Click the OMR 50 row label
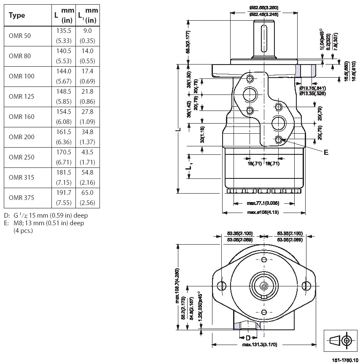coord(20,36)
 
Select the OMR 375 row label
coord(21,197)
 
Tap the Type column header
coord(17,16)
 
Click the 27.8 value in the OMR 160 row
coord(88,111)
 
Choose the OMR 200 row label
coord(21,137)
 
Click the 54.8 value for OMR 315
coord(88,172)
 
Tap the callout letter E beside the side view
coord(325,152)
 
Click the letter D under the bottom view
coord(248,337)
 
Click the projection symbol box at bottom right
coord(339,340)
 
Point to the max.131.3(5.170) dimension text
coord(260,345)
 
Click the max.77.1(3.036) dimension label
coord(263,203)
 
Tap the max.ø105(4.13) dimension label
coord(263,212)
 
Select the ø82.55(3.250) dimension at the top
coord(263,8)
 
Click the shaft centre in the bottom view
coord(264,286)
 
